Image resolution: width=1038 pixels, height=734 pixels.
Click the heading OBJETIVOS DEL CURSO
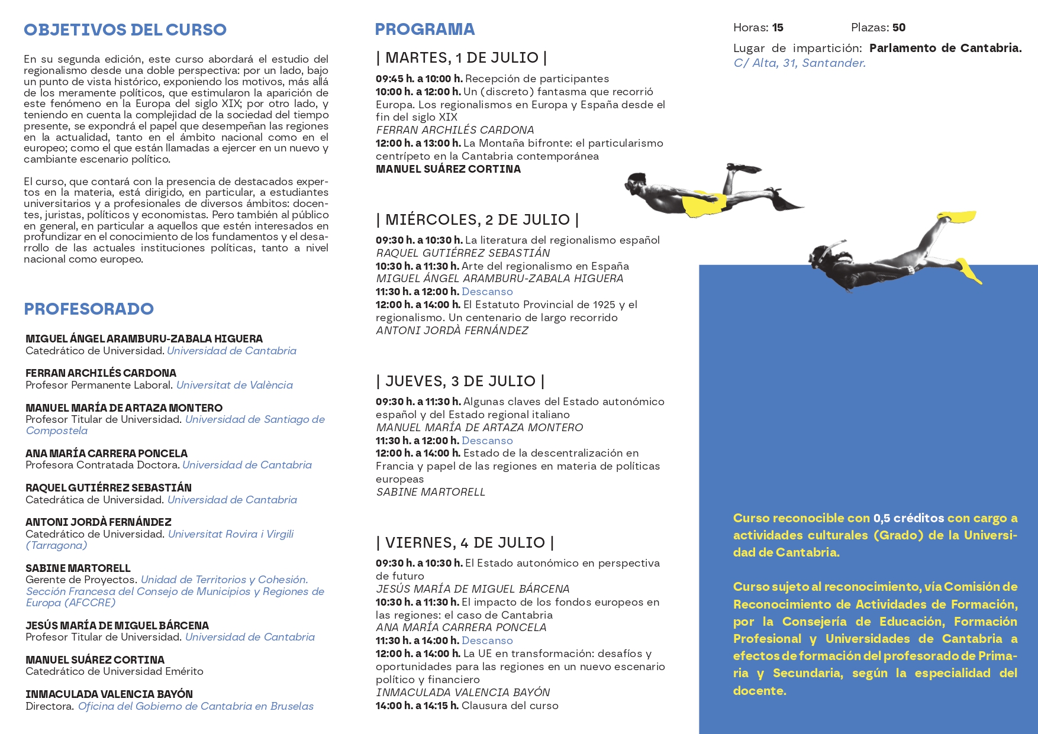pos(125,30)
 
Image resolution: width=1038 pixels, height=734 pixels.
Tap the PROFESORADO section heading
pos(89,309)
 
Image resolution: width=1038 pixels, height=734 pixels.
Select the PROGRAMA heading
pos(425,29)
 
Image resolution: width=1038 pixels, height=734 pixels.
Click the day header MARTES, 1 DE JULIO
pos(462,58)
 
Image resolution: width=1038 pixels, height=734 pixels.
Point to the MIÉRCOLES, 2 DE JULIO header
pos(478,220)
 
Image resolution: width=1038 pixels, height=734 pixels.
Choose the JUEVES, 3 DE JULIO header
pos(460,381)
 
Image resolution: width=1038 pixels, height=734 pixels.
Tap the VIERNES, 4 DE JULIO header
pos(465,543)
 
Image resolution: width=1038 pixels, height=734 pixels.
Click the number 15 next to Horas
pos(778,28)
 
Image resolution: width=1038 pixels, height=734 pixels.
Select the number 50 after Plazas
pos(898,28)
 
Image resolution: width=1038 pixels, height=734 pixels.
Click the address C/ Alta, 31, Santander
pos(800,63)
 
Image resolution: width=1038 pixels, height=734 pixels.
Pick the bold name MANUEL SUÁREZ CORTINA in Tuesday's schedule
pos(448,169)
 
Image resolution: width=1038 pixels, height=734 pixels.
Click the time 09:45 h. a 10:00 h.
pos(418,79)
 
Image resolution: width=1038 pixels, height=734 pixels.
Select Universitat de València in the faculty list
pos(234,385)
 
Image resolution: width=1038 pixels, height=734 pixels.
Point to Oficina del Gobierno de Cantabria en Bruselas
pos(195,706)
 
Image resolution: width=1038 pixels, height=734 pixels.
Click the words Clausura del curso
pos(510,706)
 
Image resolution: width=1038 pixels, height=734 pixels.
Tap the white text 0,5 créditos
pos(908,518)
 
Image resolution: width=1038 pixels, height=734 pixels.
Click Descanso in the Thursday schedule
pos(487,441)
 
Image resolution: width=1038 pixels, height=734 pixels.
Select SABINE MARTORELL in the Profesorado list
pos(78,568)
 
